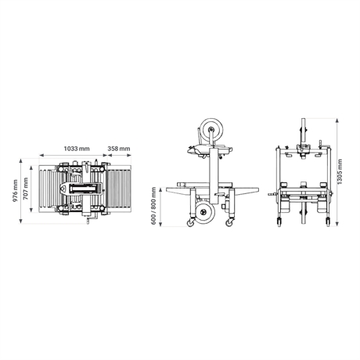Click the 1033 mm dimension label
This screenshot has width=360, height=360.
[77, 149]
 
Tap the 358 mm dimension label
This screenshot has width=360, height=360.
[119, 149]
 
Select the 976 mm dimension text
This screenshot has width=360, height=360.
[15, 191]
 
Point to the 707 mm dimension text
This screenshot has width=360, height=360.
[25, 189]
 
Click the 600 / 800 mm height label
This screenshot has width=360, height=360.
[153, 206]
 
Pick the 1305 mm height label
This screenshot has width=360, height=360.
[340, 171]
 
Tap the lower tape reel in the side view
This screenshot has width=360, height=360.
[205, 212]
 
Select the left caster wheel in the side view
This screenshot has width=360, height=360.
[190, 222]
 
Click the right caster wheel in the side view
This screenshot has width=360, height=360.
[229, 222]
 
